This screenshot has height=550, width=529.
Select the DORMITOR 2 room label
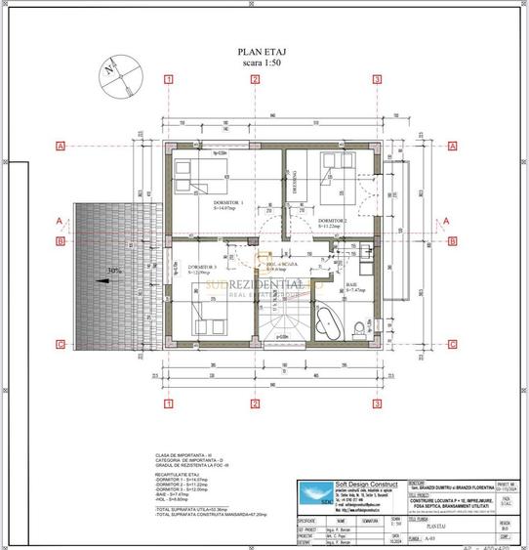333,221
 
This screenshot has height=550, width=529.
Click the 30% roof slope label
115,271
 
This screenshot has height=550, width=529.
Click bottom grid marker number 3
377,403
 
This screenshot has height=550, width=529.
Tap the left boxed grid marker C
61,344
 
